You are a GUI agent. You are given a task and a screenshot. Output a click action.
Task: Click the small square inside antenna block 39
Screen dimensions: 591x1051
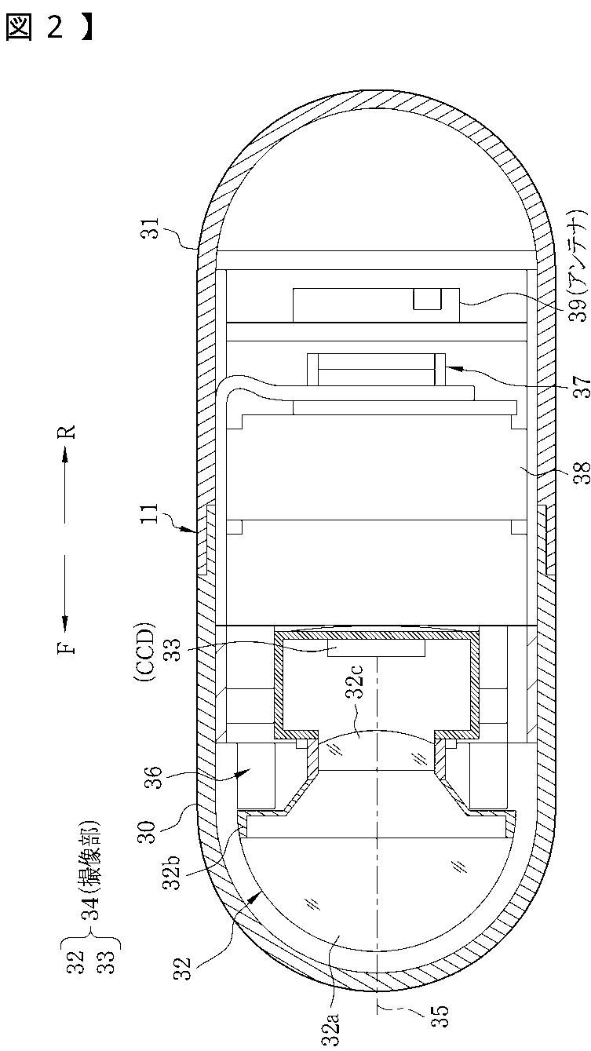pyautogui.click(x=426, y=299)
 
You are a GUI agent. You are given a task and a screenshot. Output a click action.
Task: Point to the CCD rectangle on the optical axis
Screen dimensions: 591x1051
pyautogui.click(x=377, y=648)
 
